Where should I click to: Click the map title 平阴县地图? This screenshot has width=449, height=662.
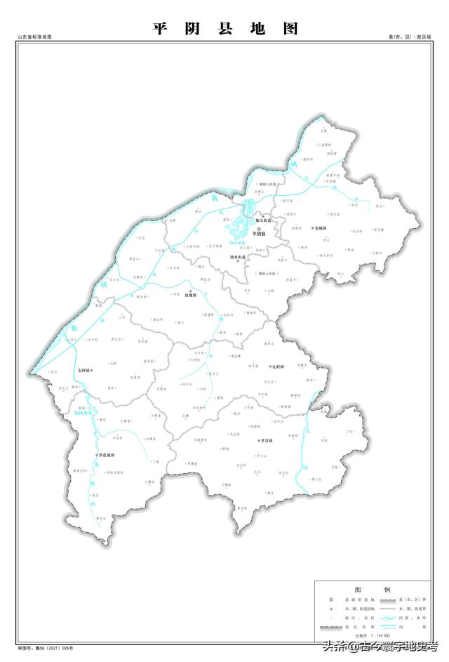click(224, 29)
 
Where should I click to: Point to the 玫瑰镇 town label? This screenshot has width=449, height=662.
click(191, 296)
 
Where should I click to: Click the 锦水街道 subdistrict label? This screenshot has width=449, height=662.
click(239, 257)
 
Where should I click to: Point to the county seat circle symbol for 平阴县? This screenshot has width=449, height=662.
click(258, 228)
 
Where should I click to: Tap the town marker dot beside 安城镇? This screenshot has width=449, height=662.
click(311, 229)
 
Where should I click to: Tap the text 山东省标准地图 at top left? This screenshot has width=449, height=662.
click(35, 37)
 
